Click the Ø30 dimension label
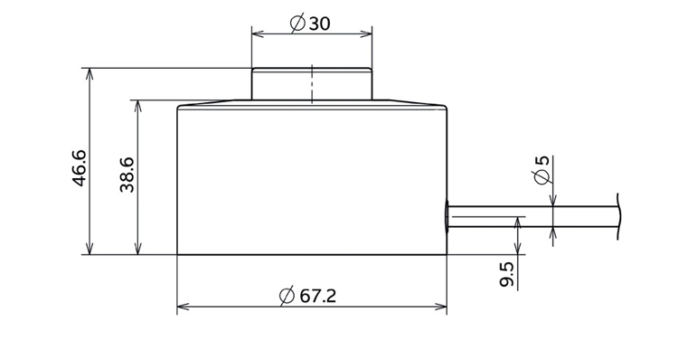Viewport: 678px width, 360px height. click(310, 23)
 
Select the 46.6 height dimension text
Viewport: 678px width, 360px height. click(80, 168)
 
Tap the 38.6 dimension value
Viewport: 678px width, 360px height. click(127, 175)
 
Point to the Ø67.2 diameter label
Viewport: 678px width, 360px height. click(307, 296)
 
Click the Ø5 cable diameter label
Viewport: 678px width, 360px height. click(542, 170)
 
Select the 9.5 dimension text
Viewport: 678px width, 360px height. click(506, 274)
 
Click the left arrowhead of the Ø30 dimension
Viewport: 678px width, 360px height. click(259, 33)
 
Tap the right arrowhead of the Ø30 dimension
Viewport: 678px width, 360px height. click(366, 33)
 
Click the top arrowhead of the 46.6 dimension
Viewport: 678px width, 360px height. click(89, 75)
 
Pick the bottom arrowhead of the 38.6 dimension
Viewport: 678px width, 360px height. click(138, 248)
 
